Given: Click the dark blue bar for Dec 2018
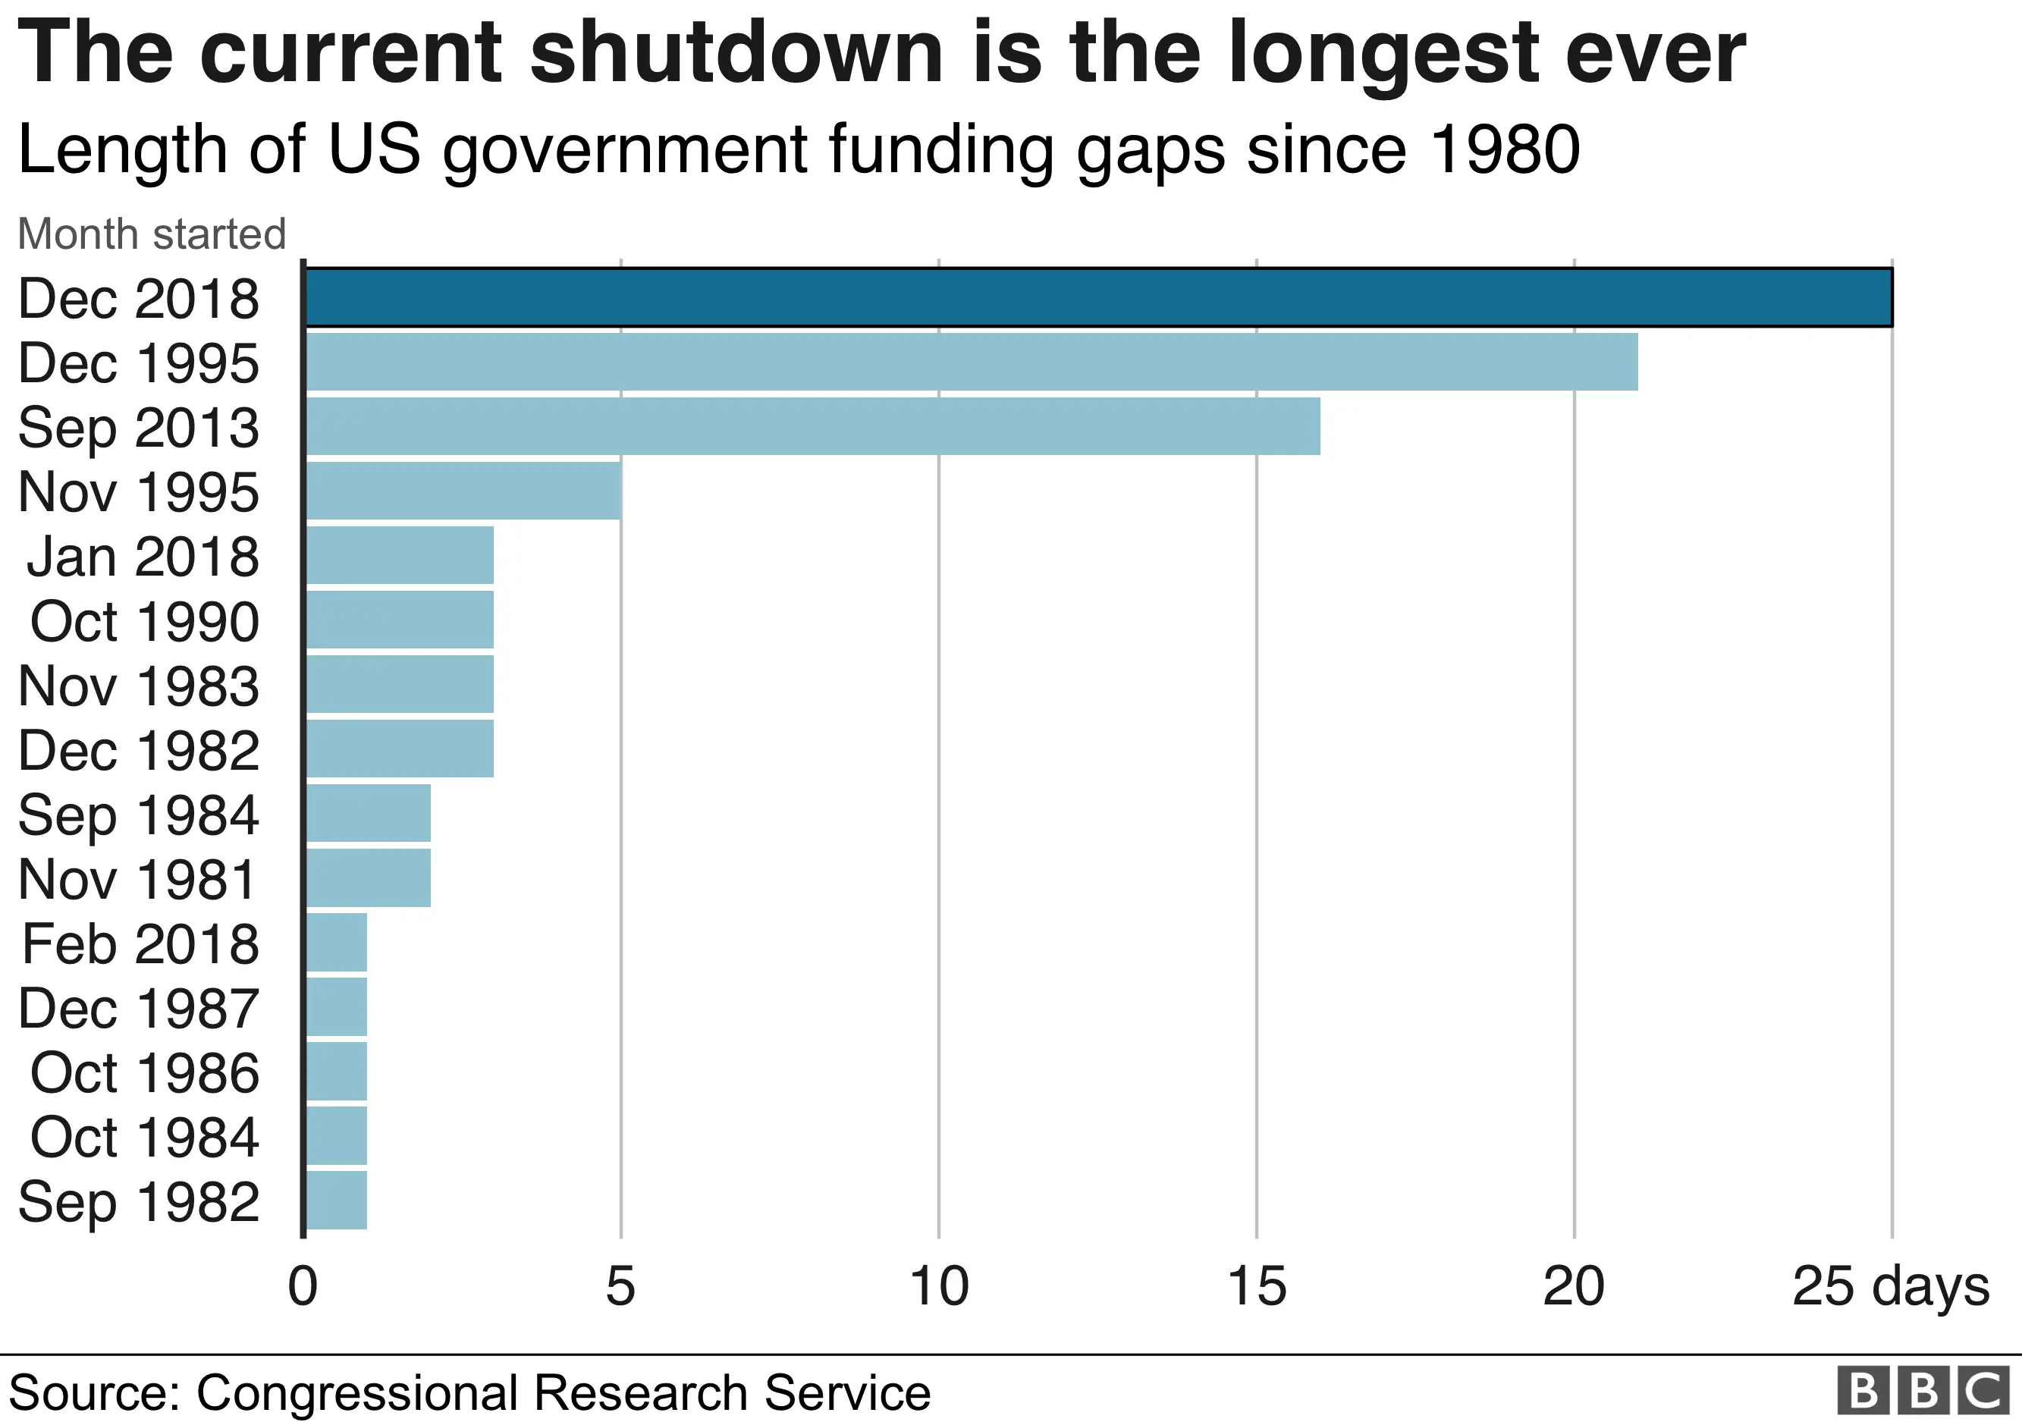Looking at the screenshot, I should [1098, 297].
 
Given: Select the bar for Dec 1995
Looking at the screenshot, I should [972, 362].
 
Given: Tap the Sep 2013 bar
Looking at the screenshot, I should [813, 426].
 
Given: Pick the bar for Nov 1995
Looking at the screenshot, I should [464, 491].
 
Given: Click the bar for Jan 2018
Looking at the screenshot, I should [400, 554].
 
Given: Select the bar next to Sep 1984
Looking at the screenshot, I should [368, 813].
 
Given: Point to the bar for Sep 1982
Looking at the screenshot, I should [337, 1199].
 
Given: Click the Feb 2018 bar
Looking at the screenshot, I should [337, 942].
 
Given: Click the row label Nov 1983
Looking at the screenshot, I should [139, 686].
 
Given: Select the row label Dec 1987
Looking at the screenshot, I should [139, 1008].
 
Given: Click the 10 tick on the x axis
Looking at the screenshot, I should [939, 1286].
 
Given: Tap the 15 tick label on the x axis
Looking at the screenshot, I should [1257, 1286].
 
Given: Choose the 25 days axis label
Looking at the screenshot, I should [1890, 1286].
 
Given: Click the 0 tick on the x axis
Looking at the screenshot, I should [303, 1286].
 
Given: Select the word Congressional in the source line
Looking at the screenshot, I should [356, 1394].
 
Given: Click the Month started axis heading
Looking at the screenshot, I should [152, 234].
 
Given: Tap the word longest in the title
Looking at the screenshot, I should [1383, 55].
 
